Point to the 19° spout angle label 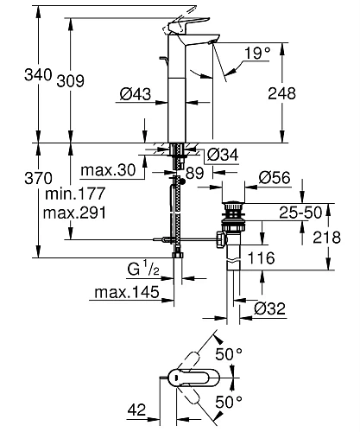(257, 54)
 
